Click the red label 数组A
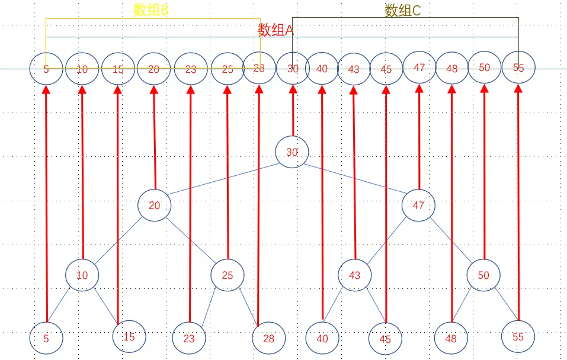pyautogui.click(x=276, y=31)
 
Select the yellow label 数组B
pyautogui.click(x=151, y=9)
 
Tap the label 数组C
pyautogui.click(x=403, y=10)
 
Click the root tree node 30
pyautogui.click(x=292, y=152)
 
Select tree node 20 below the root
pyautogui.click(x=154, y=206)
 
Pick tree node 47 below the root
pyautogui.click(x=418, y=205)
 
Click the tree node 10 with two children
pyautogui.click(x=82, y=275)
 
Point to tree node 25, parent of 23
pyautogui.click(x=228, y=275)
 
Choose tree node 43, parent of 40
pyautogui.click(x=354, y=275)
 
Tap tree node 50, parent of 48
pyautogui.click(x=483, y=275)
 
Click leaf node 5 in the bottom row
pyautogui.click(x=46, y=339)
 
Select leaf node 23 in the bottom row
pyautogui.click(x=188, y=339)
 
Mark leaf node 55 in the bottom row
pyautogui.click(x=518, y=337)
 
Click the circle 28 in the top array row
pyautogui.click(x=259, y=68)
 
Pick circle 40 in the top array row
pyautogui.click(x=322, y=69)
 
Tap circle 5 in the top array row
pyautogui.click(x=46, y=69)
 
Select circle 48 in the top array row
pyautogui.click(x=452, y=69)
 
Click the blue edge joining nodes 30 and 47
pyautogui.click(x=355, y=179)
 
